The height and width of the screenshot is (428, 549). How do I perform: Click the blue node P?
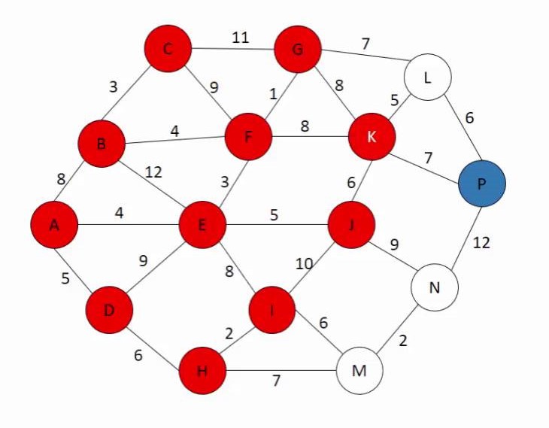[x=482, y=183]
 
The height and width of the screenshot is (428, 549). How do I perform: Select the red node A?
[x=54, y=224]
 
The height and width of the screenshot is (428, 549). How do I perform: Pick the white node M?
[x=359, y=370]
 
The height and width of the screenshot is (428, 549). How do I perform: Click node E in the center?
[x=202, y=224]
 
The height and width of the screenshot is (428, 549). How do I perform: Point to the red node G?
[x=298, y=50]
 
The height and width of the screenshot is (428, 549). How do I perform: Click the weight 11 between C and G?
[x=240, y=37]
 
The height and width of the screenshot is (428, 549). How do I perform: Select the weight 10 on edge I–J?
[x=302, y=264]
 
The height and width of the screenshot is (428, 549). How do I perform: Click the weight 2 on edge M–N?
[x=404, y=339]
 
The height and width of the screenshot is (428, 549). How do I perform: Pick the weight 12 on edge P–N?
[x=482, y=242]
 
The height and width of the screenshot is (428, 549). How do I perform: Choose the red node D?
[x=109, y=310]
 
